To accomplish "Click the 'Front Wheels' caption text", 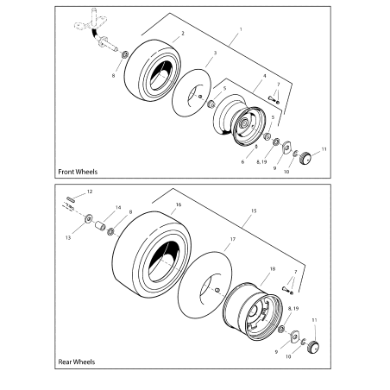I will click(78, 172).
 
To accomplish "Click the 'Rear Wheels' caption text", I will click(76, 362).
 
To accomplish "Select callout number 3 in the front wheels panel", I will click(214, 53).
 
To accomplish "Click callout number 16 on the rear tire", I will click(178, 206).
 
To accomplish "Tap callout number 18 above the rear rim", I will click(274, 269).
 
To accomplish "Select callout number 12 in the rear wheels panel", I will click(90, 191).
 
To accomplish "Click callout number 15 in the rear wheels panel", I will click(253, 210).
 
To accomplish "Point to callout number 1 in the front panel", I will click(240, 30).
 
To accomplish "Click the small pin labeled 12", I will click(71, 203).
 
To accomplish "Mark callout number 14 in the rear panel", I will click(118, 208).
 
